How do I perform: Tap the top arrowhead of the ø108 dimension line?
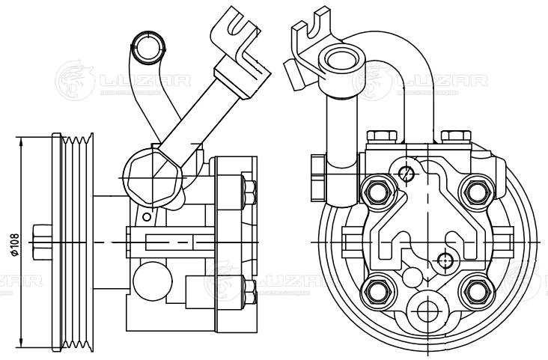23,138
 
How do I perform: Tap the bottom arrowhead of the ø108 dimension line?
23,347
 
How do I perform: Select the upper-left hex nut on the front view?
377,192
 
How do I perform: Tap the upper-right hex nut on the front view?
475,192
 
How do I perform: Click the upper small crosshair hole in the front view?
407,174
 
